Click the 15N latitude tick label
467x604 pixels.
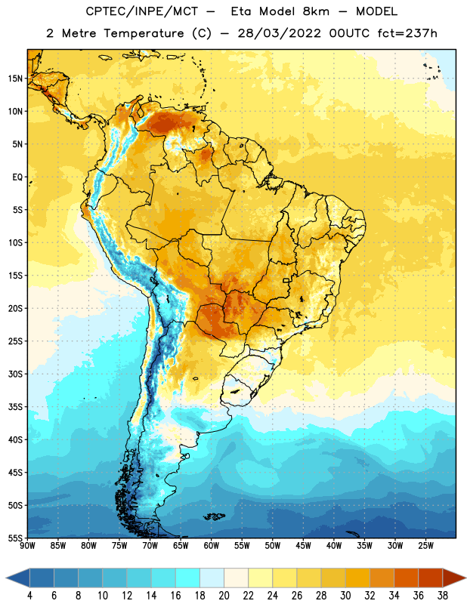pos(15,79)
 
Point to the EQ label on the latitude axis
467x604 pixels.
pos(17,177)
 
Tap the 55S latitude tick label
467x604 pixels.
pos(15,538)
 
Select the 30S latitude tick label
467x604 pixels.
pos(15,374)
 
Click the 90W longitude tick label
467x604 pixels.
pos(27,546)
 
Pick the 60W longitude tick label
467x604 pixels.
pos(212,546)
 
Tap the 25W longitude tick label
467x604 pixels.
pos(425,546)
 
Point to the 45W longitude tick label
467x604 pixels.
pos(303,546)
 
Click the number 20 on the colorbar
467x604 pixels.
pos(224,596)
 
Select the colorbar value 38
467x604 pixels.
pos(443,596)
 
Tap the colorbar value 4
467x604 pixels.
pos(29,596)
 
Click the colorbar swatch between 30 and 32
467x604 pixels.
pos(357,578)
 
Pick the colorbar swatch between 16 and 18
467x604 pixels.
pos(187,578)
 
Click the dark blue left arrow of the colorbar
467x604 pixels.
pos(18,578)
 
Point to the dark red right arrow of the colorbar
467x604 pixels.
pos(454,578)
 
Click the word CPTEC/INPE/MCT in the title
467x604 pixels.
pos(142,11)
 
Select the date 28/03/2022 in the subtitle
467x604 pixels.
pos(279,33)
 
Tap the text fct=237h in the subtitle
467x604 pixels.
pos(407,33)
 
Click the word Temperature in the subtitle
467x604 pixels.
pos(144,33)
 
